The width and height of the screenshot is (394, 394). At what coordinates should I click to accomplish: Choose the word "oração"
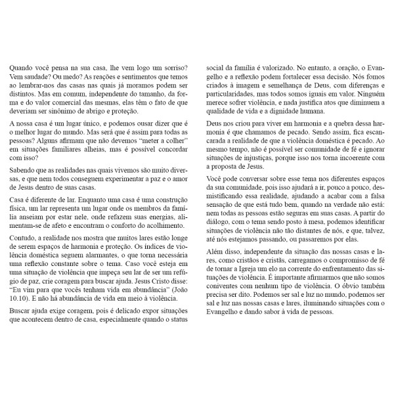click(x=332, y=67)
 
